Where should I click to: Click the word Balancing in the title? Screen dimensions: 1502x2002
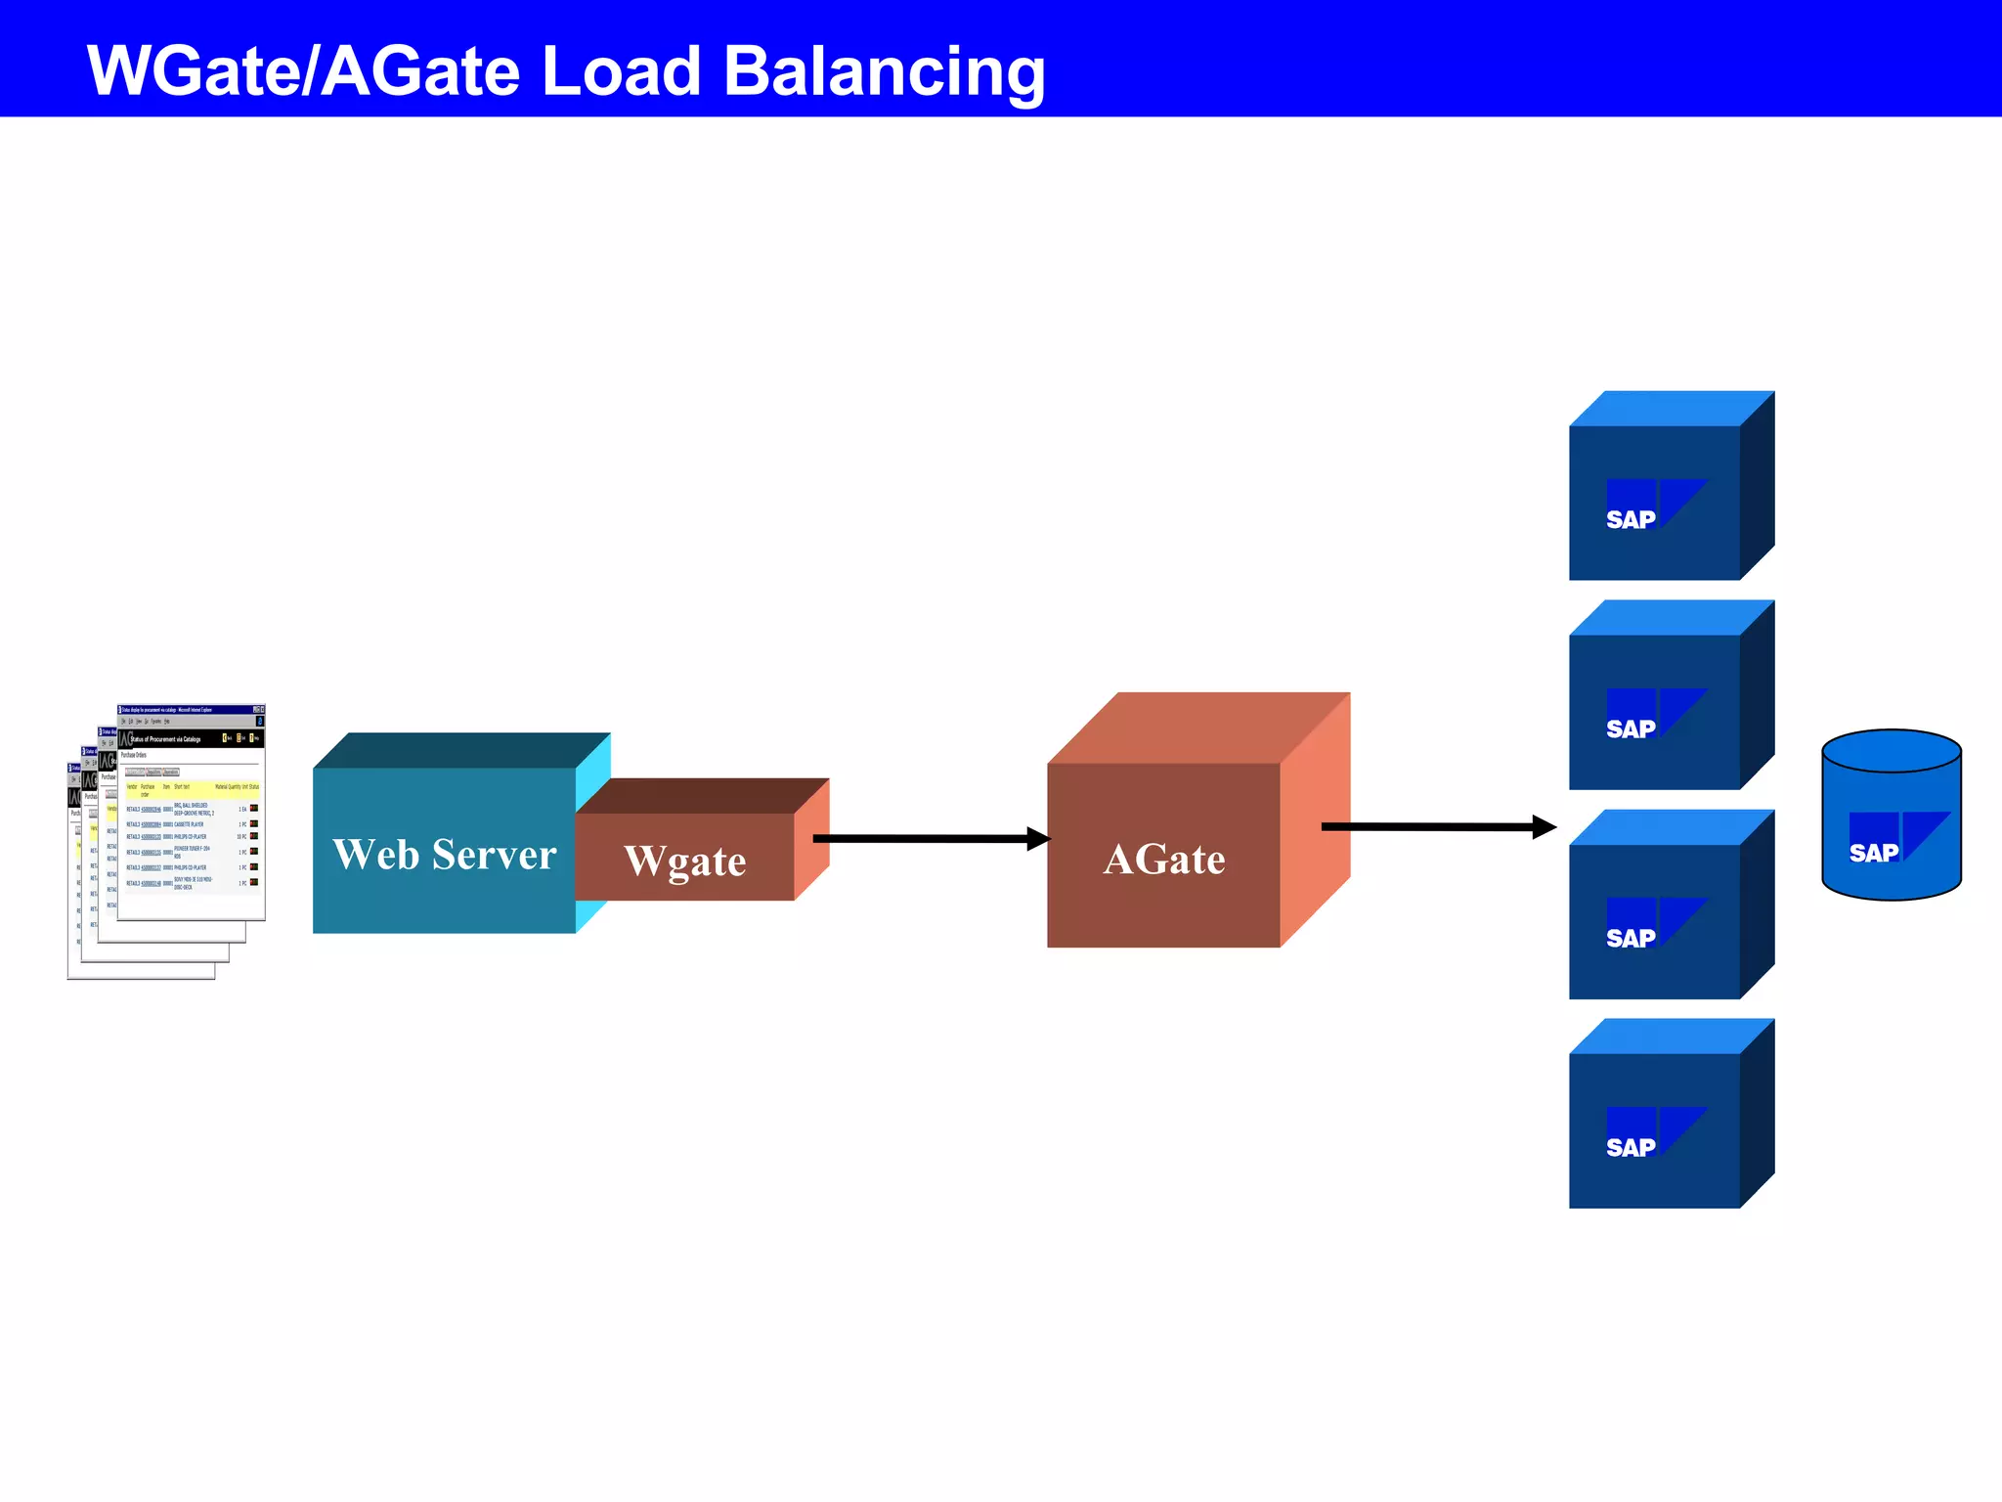tap(884, 72)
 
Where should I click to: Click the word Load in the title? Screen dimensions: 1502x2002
tap(621, 72)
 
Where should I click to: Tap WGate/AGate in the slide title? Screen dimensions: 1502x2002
tap(303, 72)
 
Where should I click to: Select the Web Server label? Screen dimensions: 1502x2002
tap(445, 855)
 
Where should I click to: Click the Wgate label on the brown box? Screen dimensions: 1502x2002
tap(685, 861)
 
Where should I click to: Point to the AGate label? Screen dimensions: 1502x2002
tap(1163, 860)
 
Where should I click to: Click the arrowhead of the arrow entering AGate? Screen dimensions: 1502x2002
tap(1038, 839)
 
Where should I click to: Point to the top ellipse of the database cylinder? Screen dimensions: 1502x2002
tap(1892, 751)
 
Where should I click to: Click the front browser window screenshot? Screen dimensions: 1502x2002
tap(192, 812)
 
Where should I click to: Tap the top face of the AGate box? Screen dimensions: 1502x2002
tap(1197, 728)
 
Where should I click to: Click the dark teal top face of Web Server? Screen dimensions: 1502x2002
tap(459, 750)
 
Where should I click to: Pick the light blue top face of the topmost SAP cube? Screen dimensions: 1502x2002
tap(1672, 409)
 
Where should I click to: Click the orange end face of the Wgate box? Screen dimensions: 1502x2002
tap(811, 841)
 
